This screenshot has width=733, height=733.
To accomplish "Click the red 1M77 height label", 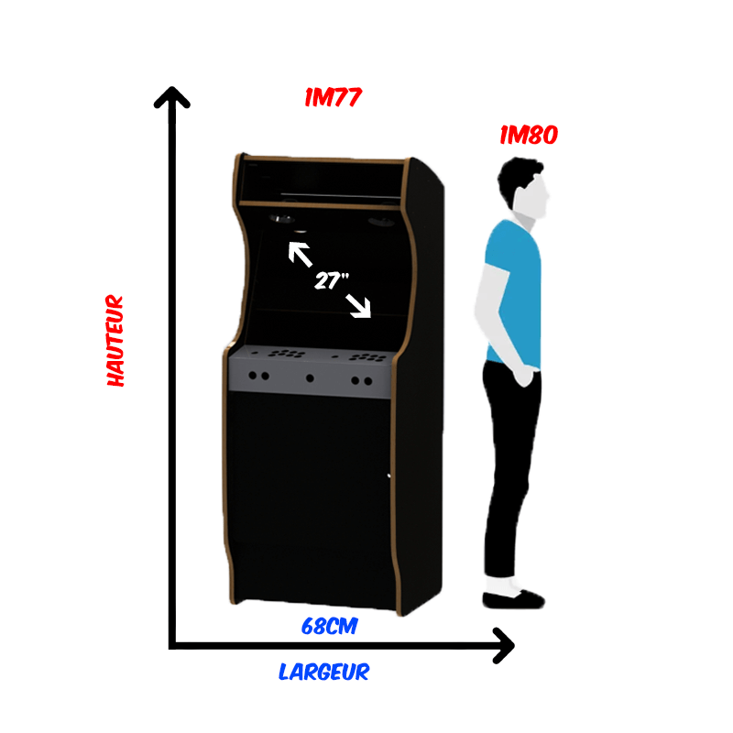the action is [x=333, y=97].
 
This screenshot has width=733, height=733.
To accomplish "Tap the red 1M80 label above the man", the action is [x=529, y=135].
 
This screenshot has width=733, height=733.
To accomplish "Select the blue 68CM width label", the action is [x=330, y=627].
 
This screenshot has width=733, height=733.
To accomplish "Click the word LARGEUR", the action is [x=324, y=672].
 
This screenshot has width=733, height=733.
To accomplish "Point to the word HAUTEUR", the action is [x=115, y=340].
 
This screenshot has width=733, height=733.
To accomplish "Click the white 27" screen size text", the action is [x=332, y=280].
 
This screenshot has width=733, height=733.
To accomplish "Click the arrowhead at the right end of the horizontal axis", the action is [x=504, y=645].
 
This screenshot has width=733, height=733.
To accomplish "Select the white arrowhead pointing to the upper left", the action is [x=296, y=250].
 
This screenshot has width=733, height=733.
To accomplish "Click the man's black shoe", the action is [x=513, y=600].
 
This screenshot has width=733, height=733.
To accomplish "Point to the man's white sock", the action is [x=501, y=585].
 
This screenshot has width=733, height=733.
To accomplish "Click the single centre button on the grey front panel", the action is [x=310, y=378].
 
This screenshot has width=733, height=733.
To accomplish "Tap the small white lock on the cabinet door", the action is [x=388, y=476].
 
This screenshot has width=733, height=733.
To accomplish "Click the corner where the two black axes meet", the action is [x=172, y=646].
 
